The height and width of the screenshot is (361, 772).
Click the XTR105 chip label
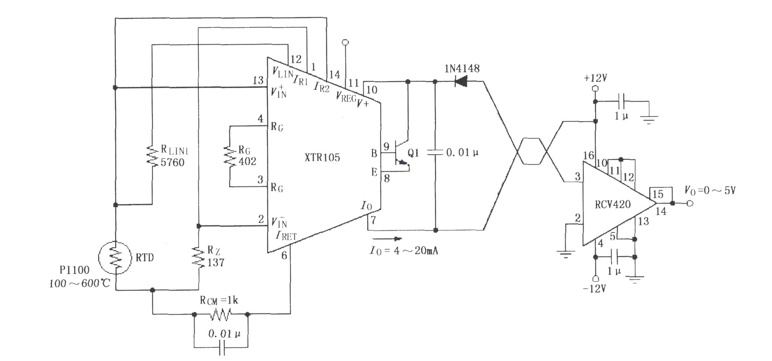[322, 157]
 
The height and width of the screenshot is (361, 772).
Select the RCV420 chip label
[613, 204]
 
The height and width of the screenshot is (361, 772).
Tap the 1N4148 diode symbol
[461, 82]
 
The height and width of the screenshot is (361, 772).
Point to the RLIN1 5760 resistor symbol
[152, 156]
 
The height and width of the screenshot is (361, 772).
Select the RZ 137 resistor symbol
[198, 257]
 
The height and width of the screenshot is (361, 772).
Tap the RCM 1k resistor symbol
[221, 314]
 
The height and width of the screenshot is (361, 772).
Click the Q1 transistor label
[413, 153]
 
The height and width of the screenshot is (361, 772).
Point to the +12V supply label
[595, 78]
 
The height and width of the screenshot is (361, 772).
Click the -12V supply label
[594, 289]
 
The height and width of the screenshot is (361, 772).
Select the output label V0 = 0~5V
[710, 191]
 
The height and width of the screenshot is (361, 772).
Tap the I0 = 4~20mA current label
[404, 250]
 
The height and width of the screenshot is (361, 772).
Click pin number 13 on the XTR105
[258, 80]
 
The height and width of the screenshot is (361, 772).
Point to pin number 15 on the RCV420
[658, 194]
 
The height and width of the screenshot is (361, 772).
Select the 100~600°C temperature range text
[80, 284]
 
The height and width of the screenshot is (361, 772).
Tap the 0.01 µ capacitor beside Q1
[435, 152]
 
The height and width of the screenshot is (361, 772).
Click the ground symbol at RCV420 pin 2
[565, 254]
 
